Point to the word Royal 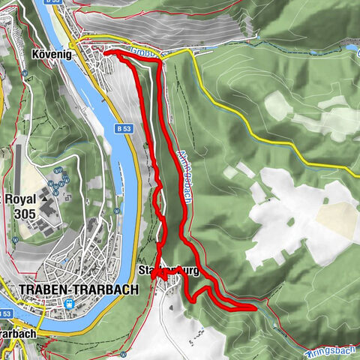click(x=20, y=200)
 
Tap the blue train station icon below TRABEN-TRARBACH click(x=70, y=304)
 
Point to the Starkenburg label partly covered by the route click(x=169, y=271)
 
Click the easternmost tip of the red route click(x=254, y=307)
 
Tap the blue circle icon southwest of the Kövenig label click(x=25, y=73)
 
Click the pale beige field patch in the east click(x=334, y=218)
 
